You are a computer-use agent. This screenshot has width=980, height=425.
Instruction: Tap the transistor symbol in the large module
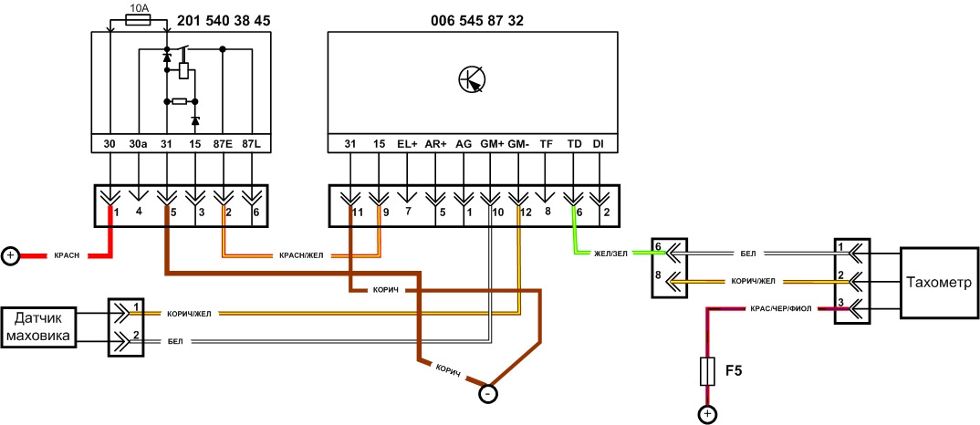pyautogui.click(x=472, y=79)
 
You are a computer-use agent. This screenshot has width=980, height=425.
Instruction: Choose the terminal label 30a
pyautogui.click(x=138, y=144)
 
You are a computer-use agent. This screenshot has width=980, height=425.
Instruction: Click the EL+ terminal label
pyautogui.click(x=407, y=144)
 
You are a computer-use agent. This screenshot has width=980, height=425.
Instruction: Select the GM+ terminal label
pyautogui.click(x=491, y=144)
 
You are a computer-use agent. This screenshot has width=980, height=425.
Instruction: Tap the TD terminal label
pyautogui.click(x=574, y=144)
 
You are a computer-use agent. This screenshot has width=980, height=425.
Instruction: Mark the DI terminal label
pyautogui.click(x=599, y=144)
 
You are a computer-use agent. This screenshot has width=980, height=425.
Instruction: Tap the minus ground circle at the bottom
pyautogui.click(x=488, y=394)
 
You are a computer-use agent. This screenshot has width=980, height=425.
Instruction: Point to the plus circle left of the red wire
pyautogui.click(x=10, y=256)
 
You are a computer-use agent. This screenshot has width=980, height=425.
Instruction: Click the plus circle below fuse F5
pyautogui.click(x=707, y=415)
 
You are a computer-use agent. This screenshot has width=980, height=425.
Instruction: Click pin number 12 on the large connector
pyautogui.click(x=525, y=212)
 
